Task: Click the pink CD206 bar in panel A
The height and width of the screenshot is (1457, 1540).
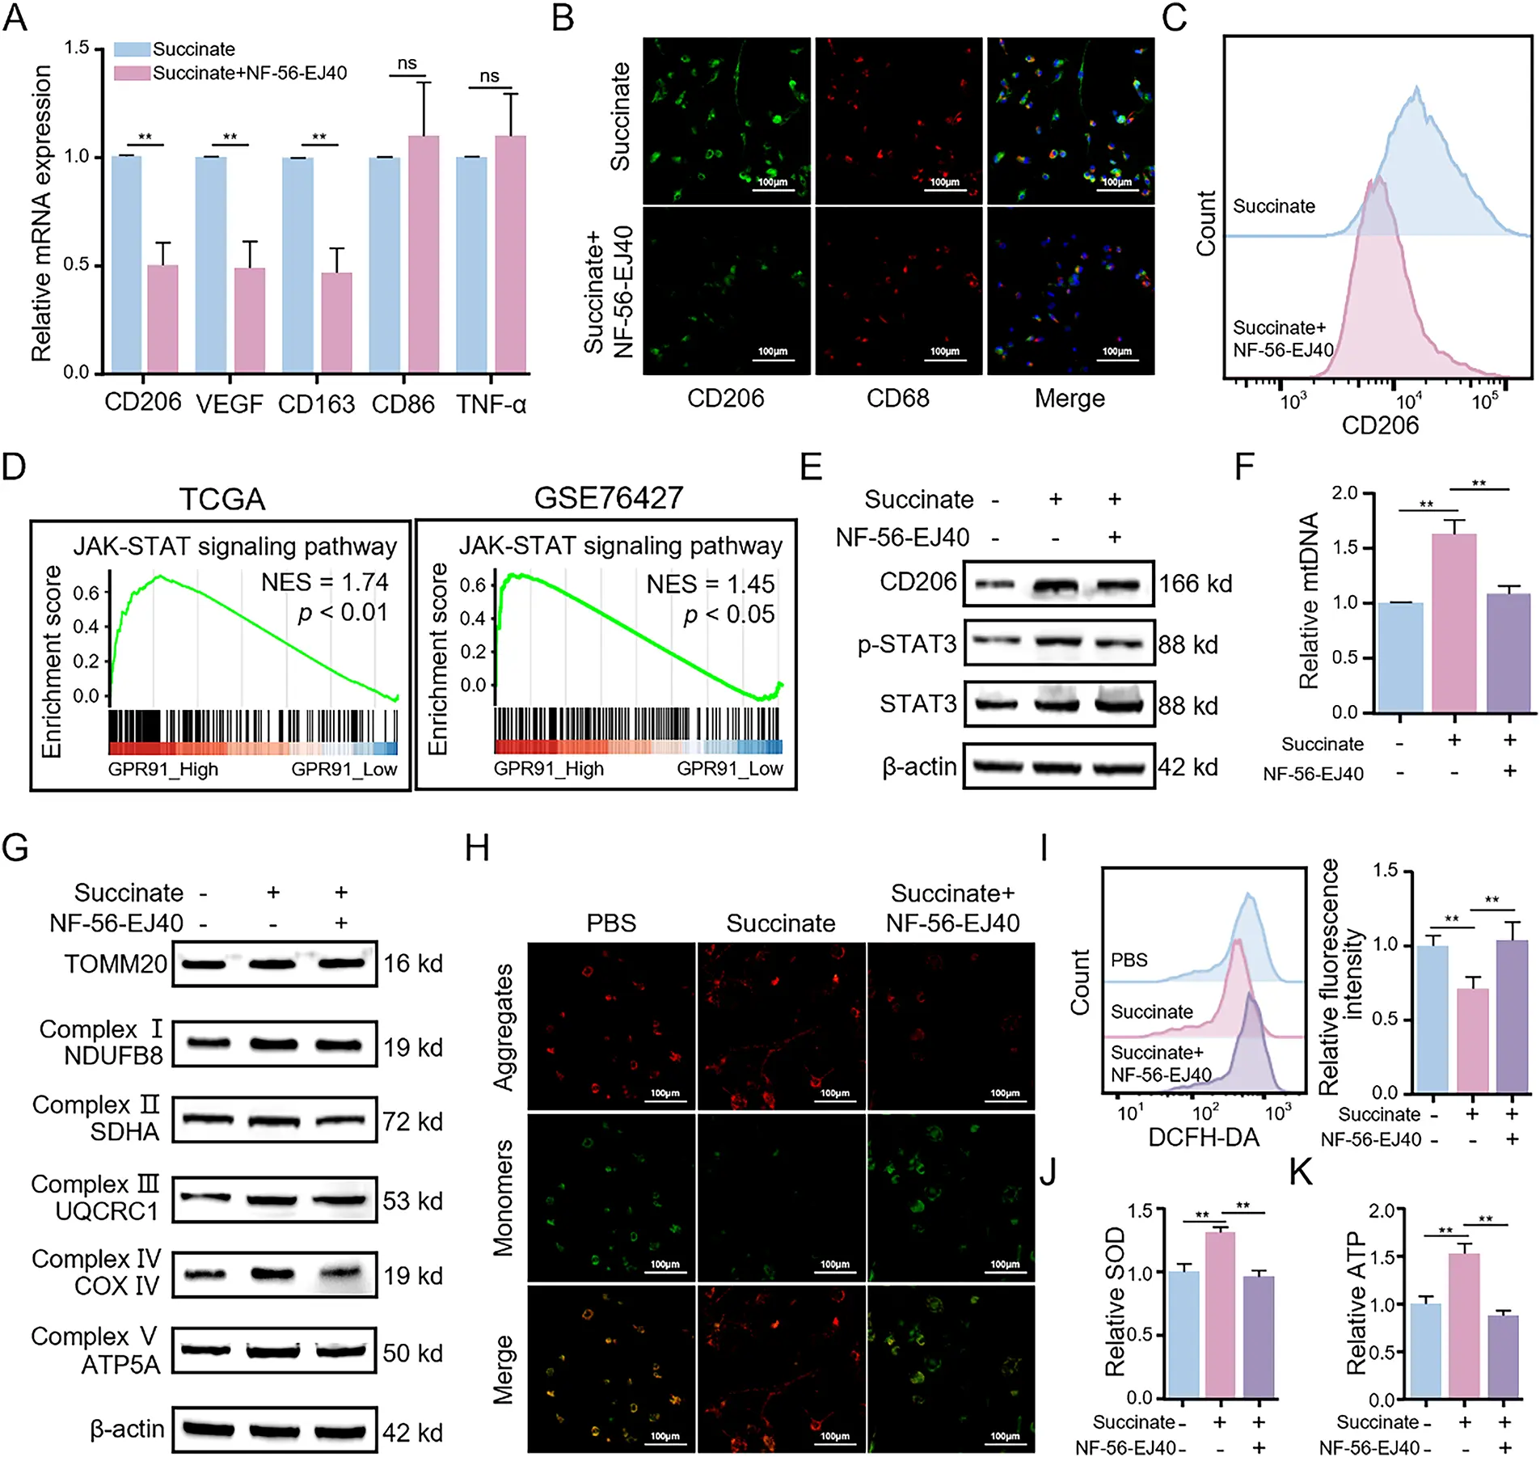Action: tap(162, 319)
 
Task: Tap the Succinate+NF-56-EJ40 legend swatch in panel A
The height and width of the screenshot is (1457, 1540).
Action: tap(132, 74)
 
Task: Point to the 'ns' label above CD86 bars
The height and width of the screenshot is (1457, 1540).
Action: tap(407, 64)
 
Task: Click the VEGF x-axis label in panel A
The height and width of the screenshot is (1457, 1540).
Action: tap(230, 403)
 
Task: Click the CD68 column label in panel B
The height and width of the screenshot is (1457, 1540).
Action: tap(897, 398)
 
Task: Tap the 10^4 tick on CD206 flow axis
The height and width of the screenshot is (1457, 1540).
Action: tap(1408, 400)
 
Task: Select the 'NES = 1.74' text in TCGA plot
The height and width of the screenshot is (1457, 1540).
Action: tap(324, 582)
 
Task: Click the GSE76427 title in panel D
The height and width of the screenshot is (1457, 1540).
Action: tap(608, 497)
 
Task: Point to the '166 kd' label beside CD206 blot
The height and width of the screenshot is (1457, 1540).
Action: tap(1195, 583)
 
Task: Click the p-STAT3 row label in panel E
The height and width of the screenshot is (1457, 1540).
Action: tap(907, 644)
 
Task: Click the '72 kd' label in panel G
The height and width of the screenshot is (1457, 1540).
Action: tap(412, 1121)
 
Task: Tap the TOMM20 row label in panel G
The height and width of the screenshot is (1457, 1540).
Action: tap(116, 964)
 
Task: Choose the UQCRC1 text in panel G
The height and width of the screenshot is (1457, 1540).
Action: tap(107, 1211)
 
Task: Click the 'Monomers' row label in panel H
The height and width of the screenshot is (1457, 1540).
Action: tap(504, 1197)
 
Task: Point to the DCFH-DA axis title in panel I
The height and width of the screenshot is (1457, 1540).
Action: tap(1204, 1138)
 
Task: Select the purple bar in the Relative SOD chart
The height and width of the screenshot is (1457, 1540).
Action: tap(1259, 1337)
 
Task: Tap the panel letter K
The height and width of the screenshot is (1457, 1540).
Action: tap(1302, 1172)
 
